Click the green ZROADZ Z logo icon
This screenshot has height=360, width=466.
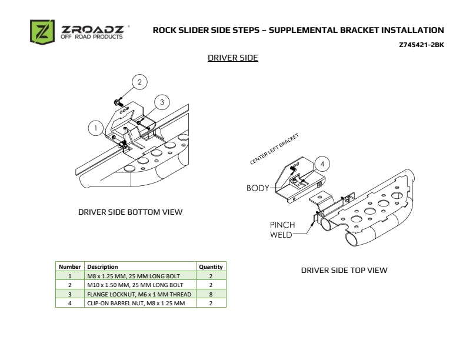(x=42, y=32)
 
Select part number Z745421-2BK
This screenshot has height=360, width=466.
(x=422, y=45)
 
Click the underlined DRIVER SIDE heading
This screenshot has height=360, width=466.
(x=232, y=58)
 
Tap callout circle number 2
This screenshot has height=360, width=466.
(x=139, y=82)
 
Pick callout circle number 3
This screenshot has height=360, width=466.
(x=162, y=102)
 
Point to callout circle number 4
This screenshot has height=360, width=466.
(x=321, y=164)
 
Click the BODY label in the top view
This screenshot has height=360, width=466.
(x=258, y=188)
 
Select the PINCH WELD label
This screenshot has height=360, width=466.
(x=281, y=229)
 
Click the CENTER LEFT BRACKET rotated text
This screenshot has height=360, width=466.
(x=274, y=149)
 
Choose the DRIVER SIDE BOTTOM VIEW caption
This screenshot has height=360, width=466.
(x=130, y=212)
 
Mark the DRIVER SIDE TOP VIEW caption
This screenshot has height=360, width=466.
(x=344, y=271)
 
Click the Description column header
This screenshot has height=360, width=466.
(x=102, y=266)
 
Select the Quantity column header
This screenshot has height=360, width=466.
(x=211, y=266)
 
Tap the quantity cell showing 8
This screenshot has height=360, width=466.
(x=211, y=294)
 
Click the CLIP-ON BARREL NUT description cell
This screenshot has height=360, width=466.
(x=136, y=303)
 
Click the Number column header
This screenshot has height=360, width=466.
(x=70, y=266)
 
